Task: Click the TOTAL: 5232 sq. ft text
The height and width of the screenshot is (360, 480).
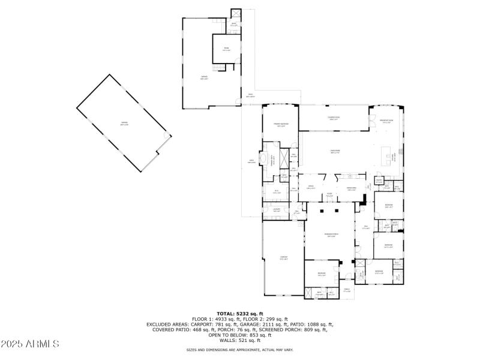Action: pyautogui.click(x=240, y=313)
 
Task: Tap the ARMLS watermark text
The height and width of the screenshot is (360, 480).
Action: pyautogui.click(x=30, y=344)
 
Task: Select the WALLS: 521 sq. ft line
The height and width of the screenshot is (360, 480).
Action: pyautogui.click(x=240, y=340)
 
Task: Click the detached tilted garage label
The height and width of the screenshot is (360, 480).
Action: pyautogui.click(x=124, y=124)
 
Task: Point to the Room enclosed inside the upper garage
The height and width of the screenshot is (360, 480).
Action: pyautogui.click(x=226, y=49)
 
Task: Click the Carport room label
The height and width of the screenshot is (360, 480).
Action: pyautogui.click(x=284, y=258)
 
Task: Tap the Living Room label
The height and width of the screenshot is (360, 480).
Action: pyautogui.click(x=335, y=151)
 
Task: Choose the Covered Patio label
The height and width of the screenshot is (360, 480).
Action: pyautogui.click(x=334, y=118)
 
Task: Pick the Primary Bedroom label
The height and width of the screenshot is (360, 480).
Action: pyautogui.click(x=281, y=125)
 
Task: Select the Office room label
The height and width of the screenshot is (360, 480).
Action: pyautogui.click(x=311, y=187)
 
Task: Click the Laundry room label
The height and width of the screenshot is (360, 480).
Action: pyautogui.click(x=277, y=211)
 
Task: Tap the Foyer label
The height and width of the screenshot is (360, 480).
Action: pyautogui.click(x=329, y=195)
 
